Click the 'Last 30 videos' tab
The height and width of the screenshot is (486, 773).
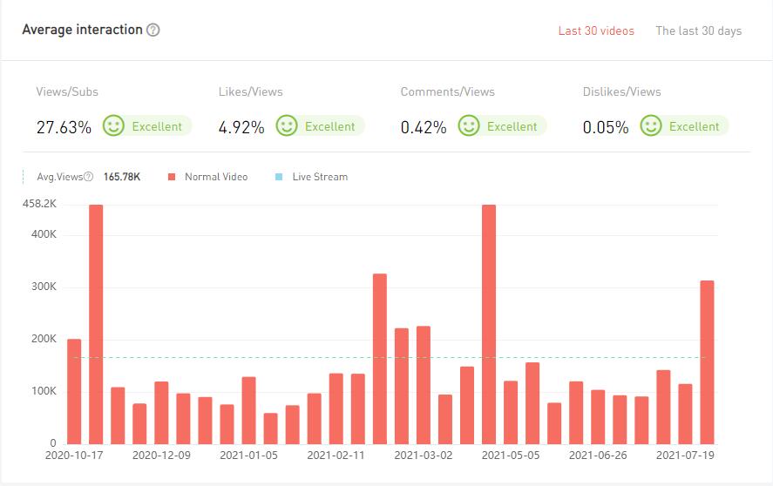coord(596,30)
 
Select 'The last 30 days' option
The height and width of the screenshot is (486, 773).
coord(698,30)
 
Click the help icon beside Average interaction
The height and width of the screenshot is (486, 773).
coord(153,30)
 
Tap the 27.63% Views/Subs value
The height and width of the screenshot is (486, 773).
coord(64,127)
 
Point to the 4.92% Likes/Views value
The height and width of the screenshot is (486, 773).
coord(241,127)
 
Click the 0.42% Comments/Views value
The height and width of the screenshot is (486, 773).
coord(424,127)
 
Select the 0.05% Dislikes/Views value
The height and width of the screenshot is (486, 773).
coord(606,127)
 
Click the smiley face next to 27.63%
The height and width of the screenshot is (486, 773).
coord(113,126)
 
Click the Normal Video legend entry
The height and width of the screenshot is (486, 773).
coord(215,177)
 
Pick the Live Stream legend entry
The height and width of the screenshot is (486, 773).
coord(319,177)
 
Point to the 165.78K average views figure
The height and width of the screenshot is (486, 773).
coord(122,177)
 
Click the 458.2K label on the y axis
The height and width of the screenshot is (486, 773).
coord(39,204)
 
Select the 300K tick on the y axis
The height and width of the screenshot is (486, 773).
coord(44,287)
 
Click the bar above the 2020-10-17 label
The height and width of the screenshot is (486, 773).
coord(74,391)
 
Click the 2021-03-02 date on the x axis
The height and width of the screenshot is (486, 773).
coord(424,455)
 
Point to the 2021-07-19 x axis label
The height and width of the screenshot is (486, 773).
coord(685,455)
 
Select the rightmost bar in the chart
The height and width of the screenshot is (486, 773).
coord(708,361)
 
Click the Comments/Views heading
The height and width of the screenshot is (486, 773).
coord(447,91)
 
